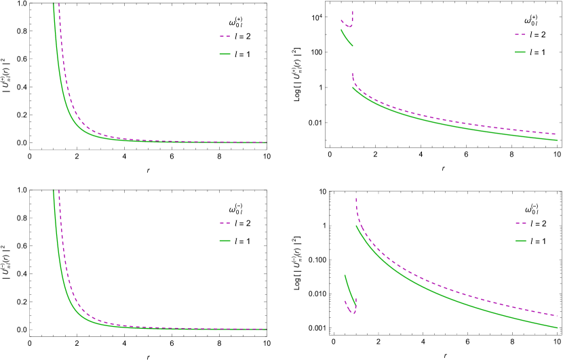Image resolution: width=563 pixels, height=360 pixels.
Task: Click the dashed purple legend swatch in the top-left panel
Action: pos(225,36)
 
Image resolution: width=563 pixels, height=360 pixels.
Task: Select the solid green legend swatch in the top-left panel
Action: pos(225,54)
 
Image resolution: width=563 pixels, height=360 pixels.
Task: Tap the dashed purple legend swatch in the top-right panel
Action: pos(520,34)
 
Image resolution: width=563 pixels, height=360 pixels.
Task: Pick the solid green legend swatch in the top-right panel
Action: pos(520,52)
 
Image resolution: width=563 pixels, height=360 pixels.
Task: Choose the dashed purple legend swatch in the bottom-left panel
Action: pos(225,222)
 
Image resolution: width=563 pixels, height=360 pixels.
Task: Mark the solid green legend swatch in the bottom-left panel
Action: pos(225,240)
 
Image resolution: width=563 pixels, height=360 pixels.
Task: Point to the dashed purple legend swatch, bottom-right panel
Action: pos(520,222)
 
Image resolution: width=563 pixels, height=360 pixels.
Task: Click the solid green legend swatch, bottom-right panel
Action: pos(520,241)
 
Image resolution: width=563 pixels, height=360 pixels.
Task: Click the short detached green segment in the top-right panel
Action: pos(346,38)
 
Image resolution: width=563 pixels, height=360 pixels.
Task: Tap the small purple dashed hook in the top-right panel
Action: pos(348,24)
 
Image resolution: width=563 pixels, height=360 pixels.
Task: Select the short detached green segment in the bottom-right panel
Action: pos(349,287)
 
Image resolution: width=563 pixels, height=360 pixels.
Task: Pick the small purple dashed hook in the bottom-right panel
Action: pos(350,308)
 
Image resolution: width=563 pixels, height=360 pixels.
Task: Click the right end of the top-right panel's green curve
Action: pos(557,140)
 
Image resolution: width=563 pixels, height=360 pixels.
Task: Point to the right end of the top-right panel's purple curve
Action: pos(557,134)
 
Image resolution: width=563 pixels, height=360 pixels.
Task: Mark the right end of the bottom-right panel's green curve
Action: pos(557,327)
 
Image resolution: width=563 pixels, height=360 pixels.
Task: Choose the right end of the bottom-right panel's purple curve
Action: pos(557,315)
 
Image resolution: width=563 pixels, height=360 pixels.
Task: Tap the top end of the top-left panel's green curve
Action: pos(53,3)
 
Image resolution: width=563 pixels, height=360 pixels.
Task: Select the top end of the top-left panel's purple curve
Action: pos(59,3)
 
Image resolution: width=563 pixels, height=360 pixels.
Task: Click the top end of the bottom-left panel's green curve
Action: pos(53,191)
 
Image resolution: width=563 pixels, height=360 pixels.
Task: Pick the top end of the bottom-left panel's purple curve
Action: pos(59,191)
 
